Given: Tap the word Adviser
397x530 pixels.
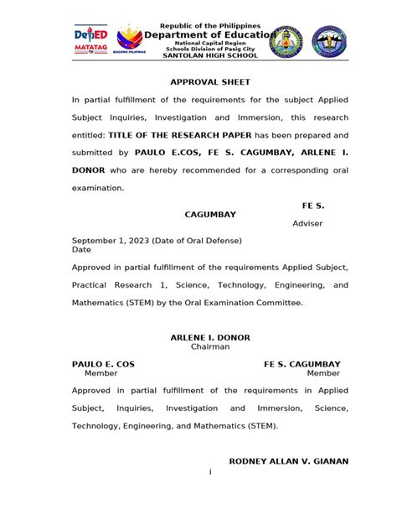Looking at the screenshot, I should click(x=307, y=224).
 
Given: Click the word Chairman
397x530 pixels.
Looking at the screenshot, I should click(x=210, y=346).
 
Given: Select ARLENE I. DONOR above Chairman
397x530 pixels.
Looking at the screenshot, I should click(x=210, y=337).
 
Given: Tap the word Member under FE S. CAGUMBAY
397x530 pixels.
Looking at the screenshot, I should click(x=323, y=373).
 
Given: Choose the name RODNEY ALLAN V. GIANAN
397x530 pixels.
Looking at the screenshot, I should click(x=289, y=461).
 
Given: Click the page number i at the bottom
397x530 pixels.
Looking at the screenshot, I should click(x=210, y=471).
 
